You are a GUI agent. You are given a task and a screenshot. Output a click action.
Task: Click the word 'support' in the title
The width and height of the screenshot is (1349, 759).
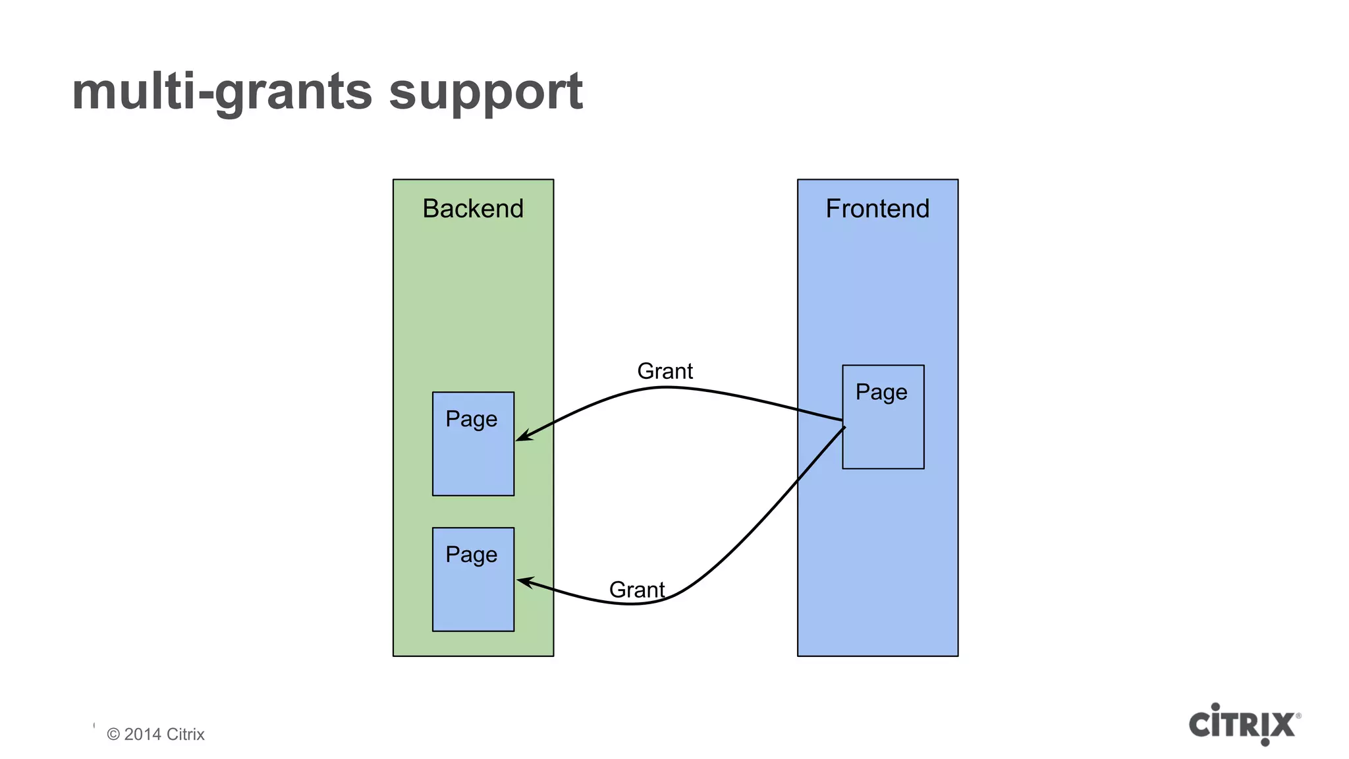pos(485,92)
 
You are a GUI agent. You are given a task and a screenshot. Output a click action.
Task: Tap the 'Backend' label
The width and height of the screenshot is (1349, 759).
pos(473,209)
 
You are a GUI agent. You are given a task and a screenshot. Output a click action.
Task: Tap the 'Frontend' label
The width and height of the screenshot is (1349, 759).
pos(877,209)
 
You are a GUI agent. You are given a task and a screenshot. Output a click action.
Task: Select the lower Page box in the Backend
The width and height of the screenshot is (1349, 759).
pos(473,593)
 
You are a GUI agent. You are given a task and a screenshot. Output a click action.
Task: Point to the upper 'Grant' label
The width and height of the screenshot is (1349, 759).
pos(665,372)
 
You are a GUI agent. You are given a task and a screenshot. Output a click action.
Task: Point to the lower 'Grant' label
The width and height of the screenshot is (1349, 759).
pos(636,590)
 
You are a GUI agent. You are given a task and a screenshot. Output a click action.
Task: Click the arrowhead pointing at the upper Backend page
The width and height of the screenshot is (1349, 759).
pos(523,436)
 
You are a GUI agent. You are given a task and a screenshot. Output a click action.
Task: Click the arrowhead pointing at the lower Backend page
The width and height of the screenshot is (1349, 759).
pos(524,581)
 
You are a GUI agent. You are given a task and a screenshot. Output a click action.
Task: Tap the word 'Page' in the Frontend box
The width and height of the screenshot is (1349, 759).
pos(881,393)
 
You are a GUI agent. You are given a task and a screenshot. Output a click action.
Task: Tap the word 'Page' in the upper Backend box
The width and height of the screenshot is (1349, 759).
pos(472,420)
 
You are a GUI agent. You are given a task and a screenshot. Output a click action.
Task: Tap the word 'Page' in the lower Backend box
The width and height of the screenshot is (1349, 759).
pos(472,555)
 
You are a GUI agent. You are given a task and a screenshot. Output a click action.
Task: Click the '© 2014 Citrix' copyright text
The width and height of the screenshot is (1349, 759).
pos(156,734)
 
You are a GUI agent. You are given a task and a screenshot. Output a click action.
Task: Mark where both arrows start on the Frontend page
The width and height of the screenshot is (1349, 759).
pos(843,424)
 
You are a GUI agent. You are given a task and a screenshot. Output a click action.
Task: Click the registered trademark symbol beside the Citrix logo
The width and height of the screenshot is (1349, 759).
pos(1298,716)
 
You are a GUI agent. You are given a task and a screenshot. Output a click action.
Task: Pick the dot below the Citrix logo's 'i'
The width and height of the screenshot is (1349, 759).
pos(1265,742)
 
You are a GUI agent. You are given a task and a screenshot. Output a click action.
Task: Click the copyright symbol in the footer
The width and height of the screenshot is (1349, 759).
pos(113,734)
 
